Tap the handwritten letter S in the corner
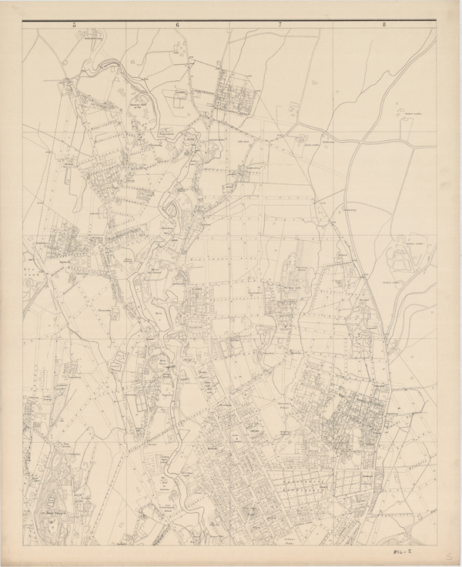coord(449,555)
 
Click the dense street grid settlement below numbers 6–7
coord(234,96)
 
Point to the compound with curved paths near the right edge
coord(403,255)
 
